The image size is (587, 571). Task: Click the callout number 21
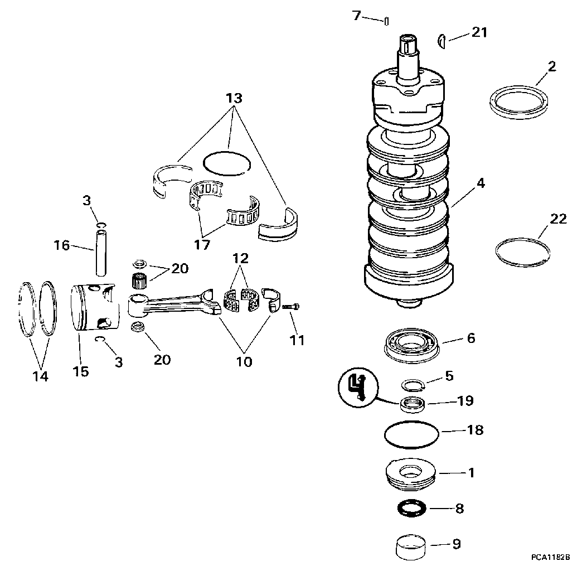tap(479, 32)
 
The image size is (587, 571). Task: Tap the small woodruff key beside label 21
tap(442, 41)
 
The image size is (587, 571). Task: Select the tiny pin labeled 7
tap(386, 21)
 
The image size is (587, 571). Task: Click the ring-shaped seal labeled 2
tap(518, 103)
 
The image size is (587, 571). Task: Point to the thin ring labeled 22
tap(522, 252)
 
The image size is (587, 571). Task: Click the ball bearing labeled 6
tap(412, 345)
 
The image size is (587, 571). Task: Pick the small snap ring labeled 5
tap(413, 385)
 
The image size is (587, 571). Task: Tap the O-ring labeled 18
tap(411, 434)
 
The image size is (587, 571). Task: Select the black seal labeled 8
tap(411, 509)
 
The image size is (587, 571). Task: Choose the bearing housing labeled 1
tap(411, 475)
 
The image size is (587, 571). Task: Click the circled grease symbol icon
tap(358, 388)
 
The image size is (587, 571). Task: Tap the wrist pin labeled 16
tap(101, 253)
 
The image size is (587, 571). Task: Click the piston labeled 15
tap(95, 307)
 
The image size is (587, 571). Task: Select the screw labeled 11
tap(290, 307)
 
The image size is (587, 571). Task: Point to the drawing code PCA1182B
tap(550, 557)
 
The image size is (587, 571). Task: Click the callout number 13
tap(234, 98)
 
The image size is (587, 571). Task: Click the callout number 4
tap(481, 183)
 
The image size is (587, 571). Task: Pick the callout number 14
tap(41, 376)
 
